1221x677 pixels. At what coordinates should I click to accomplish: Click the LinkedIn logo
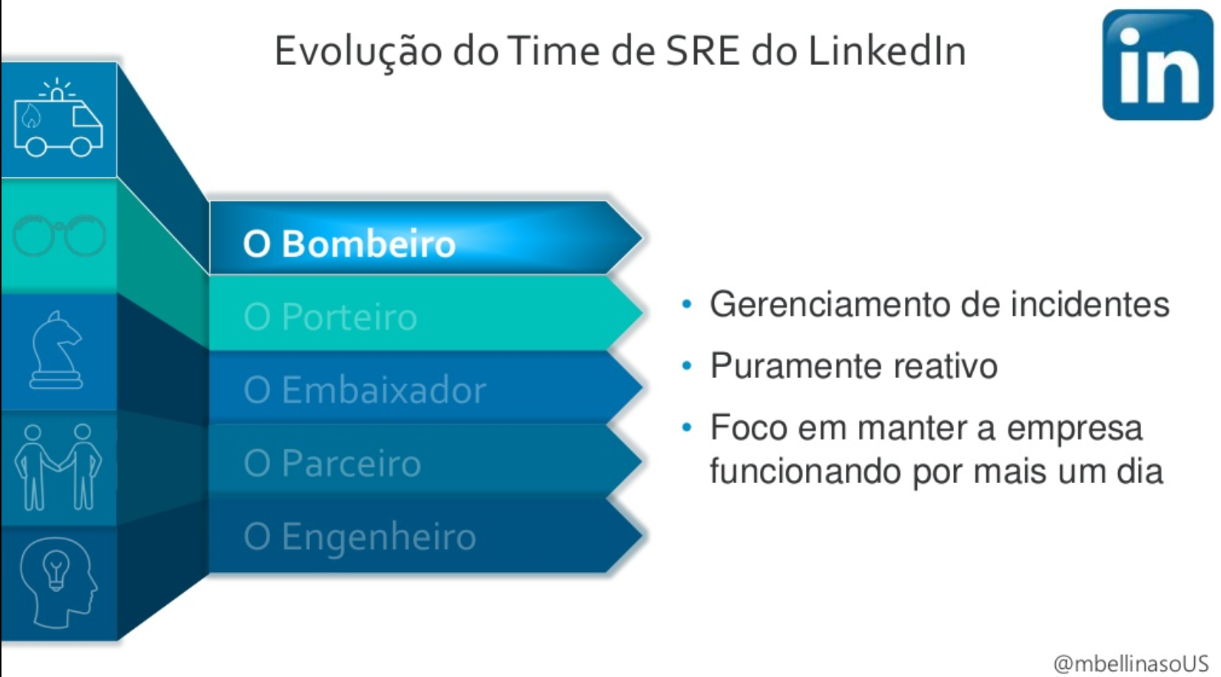point(1157,64)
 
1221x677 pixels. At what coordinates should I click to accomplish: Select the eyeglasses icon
point(59,235)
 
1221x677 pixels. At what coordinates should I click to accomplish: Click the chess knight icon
point(56,350)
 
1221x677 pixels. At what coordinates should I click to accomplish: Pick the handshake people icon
point(58,467)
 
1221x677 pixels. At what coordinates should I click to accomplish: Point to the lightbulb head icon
point(59,582)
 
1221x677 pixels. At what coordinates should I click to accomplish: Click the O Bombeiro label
point(349,243)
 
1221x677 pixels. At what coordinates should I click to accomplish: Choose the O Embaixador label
point(365,390)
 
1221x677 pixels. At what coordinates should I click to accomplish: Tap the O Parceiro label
point(332,463)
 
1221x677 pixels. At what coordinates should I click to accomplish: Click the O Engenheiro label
point(360,538)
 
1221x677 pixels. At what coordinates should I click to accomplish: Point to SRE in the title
point(702,51)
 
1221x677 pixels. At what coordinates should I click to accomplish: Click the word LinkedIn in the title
point(887,51)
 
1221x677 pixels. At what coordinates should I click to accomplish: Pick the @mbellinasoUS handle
point(1131,664)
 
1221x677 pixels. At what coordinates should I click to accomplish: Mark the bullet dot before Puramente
point(687,366)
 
